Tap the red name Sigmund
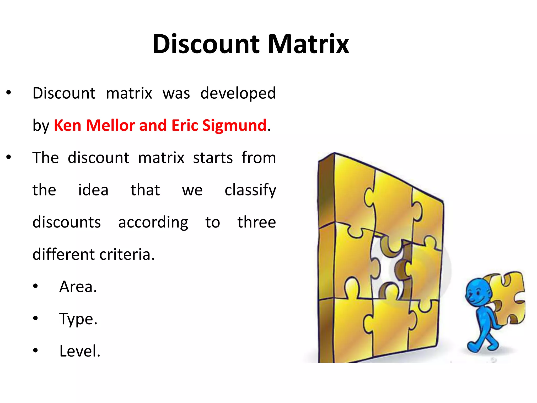pos(234,125)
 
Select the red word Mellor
pos(110,125)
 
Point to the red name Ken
pos(67,125)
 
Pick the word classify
pos(250,190)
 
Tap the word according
pos(153,223)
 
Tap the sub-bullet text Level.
pos(80,351)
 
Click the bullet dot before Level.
pos(36,350)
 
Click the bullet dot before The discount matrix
pos(9,157)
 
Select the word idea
pos(93,190)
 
